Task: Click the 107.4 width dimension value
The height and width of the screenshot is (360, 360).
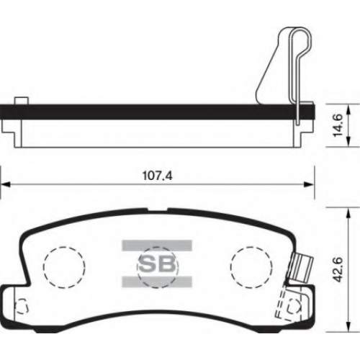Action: tap(158, 176)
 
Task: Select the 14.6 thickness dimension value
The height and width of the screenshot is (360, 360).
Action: tap(339, 125)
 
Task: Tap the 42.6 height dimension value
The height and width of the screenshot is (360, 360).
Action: tap(338, 270)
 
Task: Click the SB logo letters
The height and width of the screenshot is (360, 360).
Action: tap(158, 264)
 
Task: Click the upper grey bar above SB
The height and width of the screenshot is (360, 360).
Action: tap(157, 246)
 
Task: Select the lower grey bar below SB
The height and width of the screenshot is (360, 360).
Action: tap(157, 282)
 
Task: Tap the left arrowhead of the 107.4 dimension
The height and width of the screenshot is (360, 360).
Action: tap(5, 184)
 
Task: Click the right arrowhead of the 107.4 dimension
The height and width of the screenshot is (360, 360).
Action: tap(309, 184)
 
